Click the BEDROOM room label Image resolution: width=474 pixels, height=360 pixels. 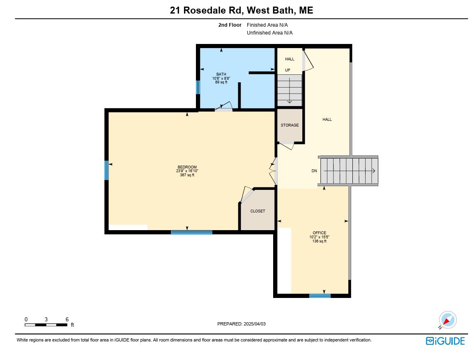[x=187, y=167]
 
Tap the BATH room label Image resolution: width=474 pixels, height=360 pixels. [x=221, y=74]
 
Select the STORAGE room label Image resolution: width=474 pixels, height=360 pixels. [x=290, y=125]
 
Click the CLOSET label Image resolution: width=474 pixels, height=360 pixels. [x=258, y=211]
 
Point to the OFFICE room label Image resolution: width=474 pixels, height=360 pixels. [x=319, y=233]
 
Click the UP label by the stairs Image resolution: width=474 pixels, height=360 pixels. [x=288, y=70]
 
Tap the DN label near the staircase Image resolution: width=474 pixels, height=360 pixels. [x=314, y=171]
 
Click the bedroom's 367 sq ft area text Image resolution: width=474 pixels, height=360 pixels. [x=187, y=175]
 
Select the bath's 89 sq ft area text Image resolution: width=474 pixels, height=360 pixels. [x=221, y=82]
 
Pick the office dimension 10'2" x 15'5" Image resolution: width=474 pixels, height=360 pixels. [x=319, y=237]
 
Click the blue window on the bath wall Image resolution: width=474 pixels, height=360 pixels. [x=198, y=87]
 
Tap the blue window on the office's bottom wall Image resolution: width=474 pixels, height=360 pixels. [x=320, y=295]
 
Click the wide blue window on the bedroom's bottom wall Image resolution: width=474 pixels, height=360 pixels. [x=191, y=233]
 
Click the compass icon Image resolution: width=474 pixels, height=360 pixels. [x=447, y=320]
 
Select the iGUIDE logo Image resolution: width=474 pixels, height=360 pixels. [x=445, y=341]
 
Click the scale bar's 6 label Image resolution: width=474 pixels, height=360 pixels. [x=67, y=319]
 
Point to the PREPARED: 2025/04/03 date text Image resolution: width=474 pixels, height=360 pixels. [x=241, y=324]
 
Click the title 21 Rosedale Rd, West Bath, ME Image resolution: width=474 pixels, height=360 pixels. [x=242, y=10]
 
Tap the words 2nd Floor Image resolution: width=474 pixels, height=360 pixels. [x=230, y=25]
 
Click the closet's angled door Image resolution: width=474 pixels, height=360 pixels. [x=247, y=196]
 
